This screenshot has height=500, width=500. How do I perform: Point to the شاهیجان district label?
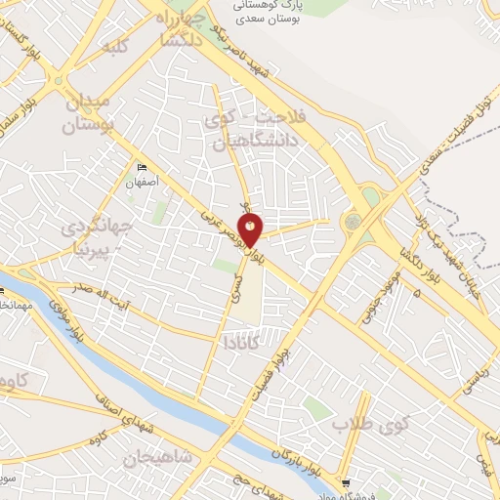[161, 457]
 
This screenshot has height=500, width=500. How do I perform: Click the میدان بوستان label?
[89, 113]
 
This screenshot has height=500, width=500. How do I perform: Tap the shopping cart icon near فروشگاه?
[348, 482]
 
